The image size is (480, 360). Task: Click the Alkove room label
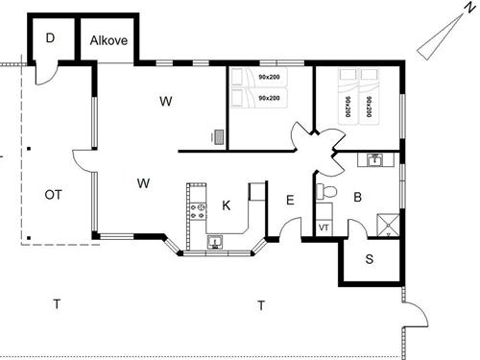pyautogui.click(x=108, y=40)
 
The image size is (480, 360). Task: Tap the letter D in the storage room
pyautogui.click(x=50, y=38)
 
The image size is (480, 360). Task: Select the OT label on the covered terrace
pyautogui.click(x=53, y=195)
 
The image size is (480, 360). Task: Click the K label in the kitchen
pyautogui.click(x=226, y=205)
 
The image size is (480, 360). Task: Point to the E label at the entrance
pyautogui.click(x=290, y=201)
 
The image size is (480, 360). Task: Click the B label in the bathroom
pyautogui.click(x=357, y=197)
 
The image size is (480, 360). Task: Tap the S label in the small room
pyautogui.click(x=370, y=259)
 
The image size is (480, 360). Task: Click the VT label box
pyautogui.click(x=324, y=228)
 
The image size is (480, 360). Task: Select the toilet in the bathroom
pyautogui.click(x=326, y=192)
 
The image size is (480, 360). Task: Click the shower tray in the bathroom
pyautogui.click(x=389, y=226)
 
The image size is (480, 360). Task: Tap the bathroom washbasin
pyautogui.click(x=374, y=159)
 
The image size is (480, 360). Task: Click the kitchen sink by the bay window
pyautogui.click(x=215, y=242)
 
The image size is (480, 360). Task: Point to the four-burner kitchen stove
pyautogui.click(x=197, y=211)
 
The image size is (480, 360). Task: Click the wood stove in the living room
pyautogui.click(x=219, y=137)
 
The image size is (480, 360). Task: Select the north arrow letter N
pyautogui.click(x=469, y=8)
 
